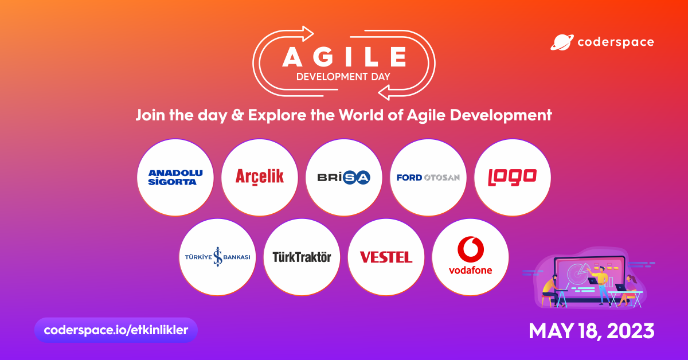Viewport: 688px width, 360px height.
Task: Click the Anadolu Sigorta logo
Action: click(x=172, y=177)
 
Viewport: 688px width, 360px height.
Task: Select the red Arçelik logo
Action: click(x=260, y=177)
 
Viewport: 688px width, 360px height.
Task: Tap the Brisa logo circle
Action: click(x=344, y=177)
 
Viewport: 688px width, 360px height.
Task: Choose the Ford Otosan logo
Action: click(x=428, y=177)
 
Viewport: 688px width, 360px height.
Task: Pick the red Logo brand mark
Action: click(x=512, y=177)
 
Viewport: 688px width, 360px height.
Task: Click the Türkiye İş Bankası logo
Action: click(x=217, y=257)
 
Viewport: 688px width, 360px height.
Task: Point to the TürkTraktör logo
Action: click(x=302, y=257)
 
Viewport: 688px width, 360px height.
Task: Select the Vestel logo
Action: click(x=386, y=257)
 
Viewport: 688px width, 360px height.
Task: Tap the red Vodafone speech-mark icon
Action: click(x=470, y=249)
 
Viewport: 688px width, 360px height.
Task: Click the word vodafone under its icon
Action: click(x=470, y=270)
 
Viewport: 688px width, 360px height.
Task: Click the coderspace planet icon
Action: click(x=561, y=42)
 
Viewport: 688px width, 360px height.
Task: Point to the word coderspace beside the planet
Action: click(x=615, y=42)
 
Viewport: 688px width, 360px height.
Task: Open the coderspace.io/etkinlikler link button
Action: click(x=116, y=330)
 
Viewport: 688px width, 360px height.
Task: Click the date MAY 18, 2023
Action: click(x=591, y=331)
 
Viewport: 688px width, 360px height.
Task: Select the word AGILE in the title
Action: click(x=345, y=57)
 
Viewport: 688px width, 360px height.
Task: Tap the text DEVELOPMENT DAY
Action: click(x=345, y=77)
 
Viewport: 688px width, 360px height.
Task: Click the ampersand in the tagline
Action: click(x=240, y=115)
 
